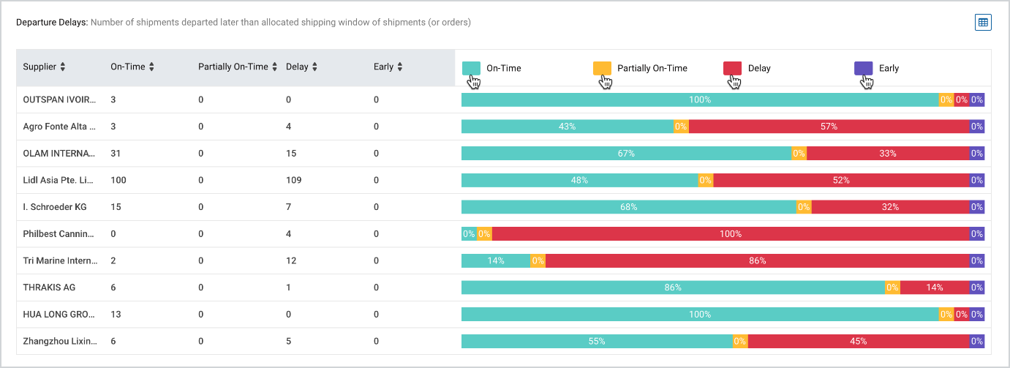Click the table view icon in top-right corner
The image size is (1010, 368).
(983, 23)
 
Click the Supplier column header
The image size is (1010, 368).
(39, 67)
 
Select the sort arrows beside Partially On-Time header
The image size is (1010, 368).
(275, 67)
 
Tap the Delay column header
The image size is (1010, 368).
(297, 67)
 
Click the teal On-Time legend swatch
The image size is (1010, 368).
(472, 69)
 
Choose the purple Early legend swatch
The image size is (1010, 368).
(863, 69)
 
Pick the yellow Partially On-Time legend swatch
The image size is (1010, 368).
(602, 69)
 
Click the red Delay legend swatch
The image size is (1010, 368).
(732, 69)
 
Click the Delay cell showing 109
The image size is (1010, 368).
(293, 180)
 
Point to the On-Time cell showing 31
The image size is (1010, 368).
(116, 154)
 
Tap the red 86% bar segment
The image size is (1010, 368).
(757, 261)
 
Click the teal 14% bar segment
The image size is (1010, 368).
(495, 261)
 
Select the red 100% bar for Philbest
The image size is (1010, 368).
(730, 234)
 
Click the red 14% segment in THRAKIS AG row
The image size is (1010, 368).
(934, 288)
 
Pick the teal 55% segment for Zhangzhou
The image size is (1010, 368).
(597, 342)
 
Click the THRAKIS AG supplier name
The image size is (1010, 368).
(49, 288)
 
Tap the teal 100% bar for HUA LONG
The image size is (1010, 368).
(699, 315)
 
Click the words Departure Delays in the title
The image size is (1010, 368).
(51, 23)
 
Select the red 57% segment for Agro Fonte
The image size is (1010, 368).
(829, 127)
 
